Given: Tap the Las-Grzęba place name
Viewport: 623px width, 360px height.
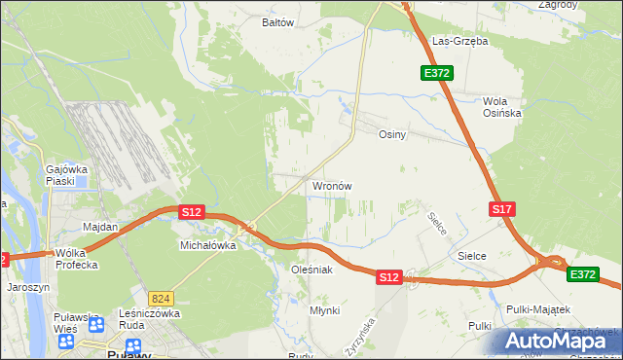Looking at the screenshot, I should tap(459, 42).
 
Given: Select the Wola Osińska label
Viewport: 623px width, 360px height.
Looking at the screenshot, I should tap(502, 107).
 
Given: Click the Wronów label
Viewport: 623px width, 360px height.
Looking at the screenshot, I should tap(331, 185).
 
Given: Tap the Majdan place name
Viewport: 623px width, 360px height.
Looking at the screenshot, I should tap(100, 227).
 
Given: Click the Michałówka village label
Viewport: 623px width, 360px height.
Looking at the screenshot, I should tap(208, 246).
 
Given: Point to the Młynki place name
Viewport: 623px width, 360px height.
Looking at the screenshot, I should tap(324, 309).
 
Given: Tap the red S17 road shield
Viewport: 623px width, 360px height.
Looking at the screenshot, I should tap(501, 209).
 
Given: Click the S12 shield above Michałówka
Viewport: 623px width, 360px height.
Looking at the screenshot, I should tap(191, 211).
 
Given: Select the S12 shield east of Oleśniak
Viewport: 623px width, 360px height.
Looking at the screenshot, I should tap(388, 277).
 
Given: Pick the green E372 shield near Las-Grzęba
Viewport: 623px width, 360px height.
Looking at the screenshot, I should tap(435, 73).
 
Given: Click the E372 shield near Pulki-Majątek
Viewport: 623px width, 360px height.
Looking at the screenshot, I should tap(583, 275).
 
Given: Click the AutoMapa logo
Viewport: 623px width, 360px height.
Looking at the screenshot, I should tap(560, 341).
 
